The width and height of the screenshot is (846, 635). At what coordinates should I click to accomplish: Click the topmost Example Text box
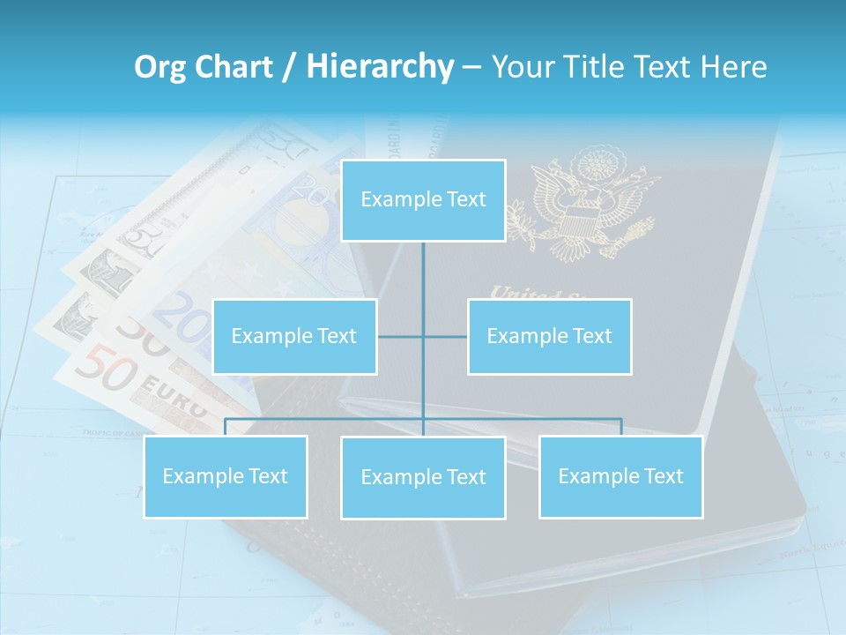point(423,200)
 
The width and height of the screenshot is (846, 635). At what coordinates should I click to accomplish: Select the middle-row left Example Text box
point(294,336)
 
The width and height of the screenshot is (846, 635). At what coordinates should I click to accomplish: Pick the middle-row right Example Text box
point(549,336)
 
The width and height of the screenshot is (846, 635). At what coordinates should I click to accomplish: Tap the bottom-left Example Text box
point(226,476)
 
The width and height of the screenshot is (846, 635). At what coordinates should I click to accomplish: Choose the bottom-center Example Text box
point(423,477)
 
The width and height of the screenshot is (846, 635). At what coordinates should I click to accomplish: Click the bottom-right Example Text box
point(620,476)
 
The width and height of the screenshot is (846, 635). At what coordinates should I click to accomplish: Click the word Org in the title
point(157,67)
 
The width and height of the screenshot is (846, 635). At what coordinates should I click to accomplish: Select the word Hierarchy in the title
point(379,67)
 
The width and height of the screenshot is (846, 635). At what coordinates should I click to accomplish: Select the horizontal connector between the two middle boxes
point(422,336)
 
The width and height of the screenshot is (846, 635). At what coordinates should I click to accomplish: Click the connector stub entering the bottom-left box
point(226,427)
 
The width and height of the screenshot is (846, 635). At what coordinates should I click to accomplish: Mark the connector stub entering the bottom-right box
point(621,427)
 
